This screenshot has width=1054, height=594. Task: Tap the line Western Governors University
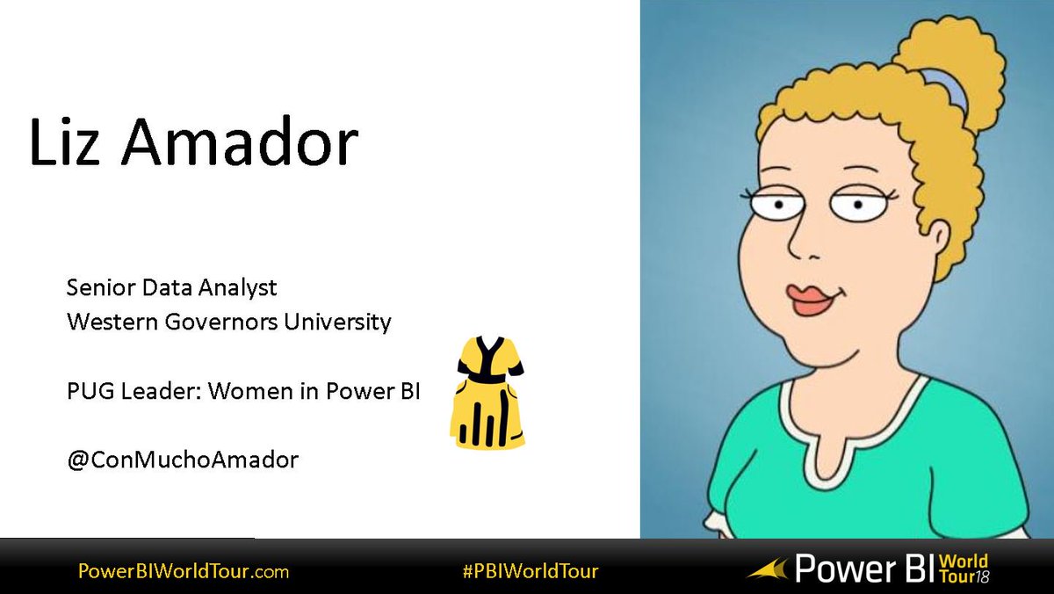click(229, 322)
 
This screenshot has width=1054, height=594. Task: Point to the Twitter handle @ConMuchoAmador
click(183, 459)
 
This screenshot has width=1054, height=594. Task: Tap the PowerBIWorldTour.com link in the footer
click(183, 571)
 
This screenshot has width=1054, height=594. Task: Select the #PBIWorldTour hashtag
click(531, 571)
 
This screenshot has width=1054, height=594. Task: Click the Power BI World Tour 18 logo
click(870, 569)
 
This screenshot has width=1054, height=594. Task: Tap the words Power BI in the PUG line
click(386, 391)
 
